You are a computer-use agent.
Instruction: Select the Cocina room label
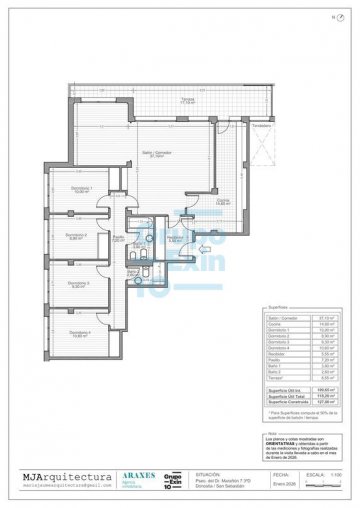coord(223,202)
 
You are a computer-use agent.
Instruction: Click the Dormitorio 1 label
coord(82,189)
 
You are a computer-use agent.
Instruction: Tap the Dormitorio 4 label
coord(82,333)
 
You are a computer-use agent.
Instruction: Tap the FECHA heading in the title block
coord(281,476)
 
